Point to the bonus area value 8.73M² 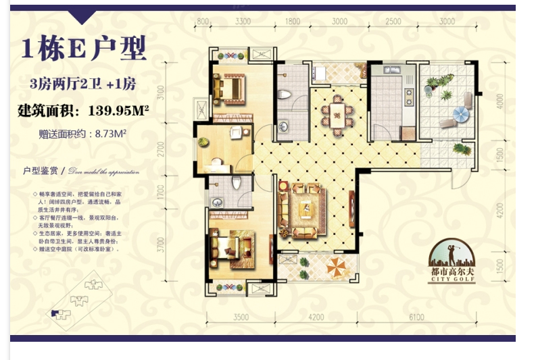coord(112,133)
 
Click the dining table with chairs coord(336,111)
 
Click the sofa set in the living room coord(305,210)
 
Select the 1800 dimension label coord(293,21)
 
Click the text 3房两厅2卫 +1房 coord(83,84)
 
